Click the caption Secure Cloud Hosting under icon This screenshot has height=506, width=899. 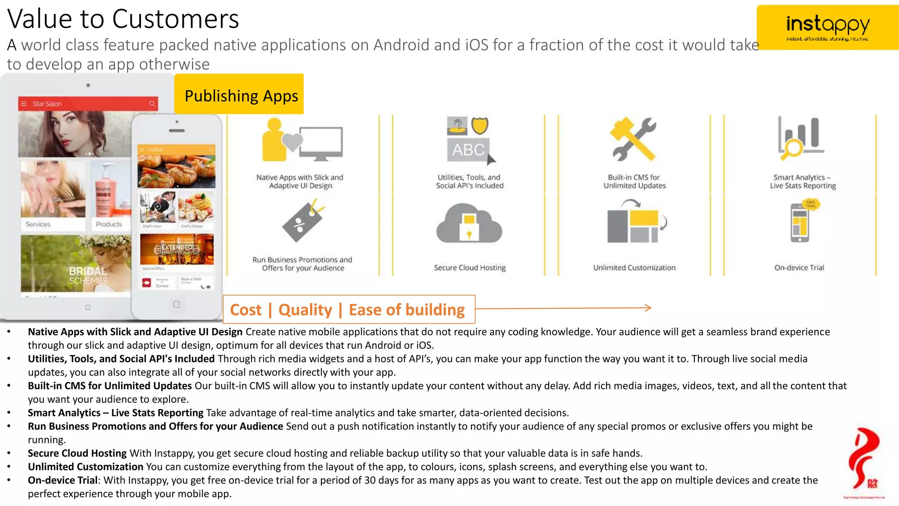pyautogui.click(x=470, y=267)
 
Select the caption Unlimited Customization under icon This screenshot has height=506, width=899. pyautogui.click(x=634, y=267)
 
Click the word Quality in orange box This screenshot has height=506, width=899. pyautogui.click(x=305, y=310)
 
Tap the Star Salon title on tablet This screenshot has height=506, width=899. pyautogui.click(x=47, y=104)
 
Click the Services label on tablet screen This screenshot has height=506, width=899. pyautogui.click(x=38, y=224)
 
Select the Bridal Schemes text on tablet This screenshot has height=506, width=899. pyautogui.click(x=88, y=275)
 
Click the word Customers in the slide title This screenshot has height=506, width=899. pyautogui.click(x=175, y=19)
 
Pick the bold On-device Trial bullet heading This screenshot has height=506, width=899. pyautogui.click(x=62, y=480)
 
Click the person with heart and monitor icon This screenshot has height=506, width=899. pyautogui.click(x=302, y=141)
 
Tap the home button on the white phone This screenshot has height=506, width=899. pyautogui.click(x=176, y=304)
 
